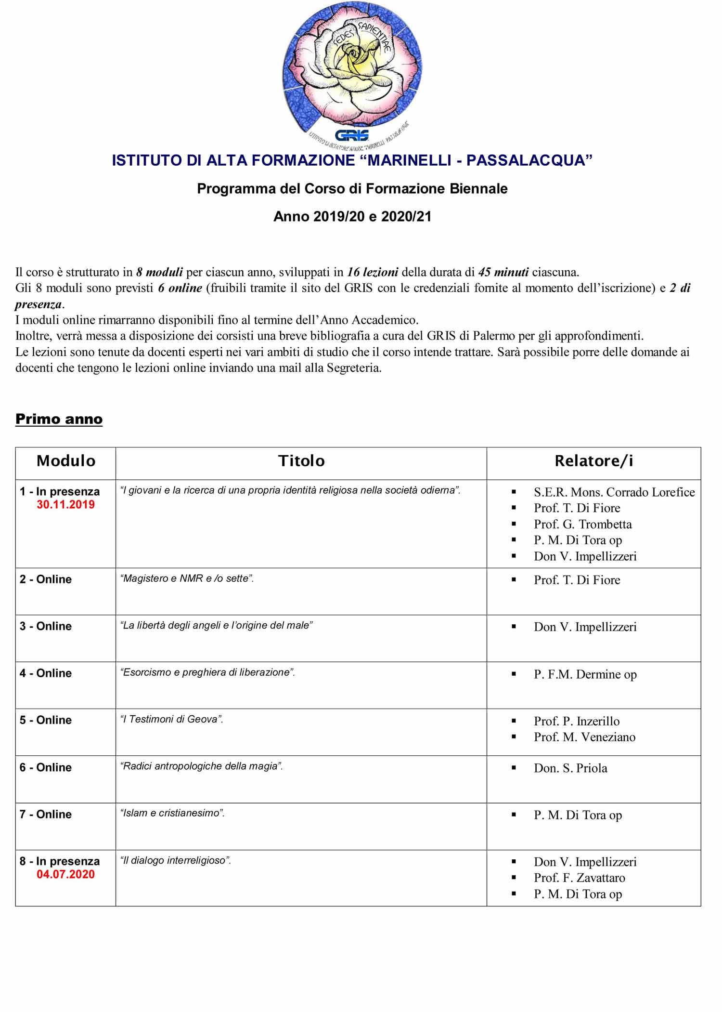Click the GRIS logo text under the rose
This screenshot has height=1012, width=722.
pos(351,135)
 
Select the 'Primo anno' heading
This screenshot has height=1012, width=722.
pos(59,419)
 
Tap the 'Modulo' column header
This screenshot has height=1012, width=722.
pos(66,461)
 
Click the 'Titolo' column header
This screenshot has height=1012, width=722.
pos(301,461)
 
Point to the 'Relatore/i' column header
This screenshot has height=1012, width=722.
pos(593,461)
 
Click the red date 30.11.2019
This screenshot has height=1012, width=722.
pos(65,505)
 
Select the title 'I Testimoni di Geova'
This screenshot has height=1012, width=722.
pos(171,720)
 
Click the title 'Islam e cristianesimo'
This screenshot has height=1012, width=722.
pos(172,814)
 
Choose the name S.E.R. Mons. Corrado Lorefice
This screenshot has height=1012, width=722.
pos(614,492)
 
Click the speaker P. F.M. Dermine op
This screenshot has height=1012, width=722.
pos(585,674)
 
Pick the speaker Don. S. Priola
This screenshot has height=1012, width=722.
pos(570,768)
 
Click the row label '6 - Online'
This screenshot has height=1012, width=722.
pos(46,767)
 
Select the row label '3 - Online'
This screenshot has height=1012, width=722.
pos(46,626)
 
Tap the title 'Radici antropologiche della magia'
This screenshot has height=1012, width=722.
pos(201,766)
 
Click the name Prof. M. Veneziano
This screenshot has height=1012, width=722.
pos(584,737)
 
